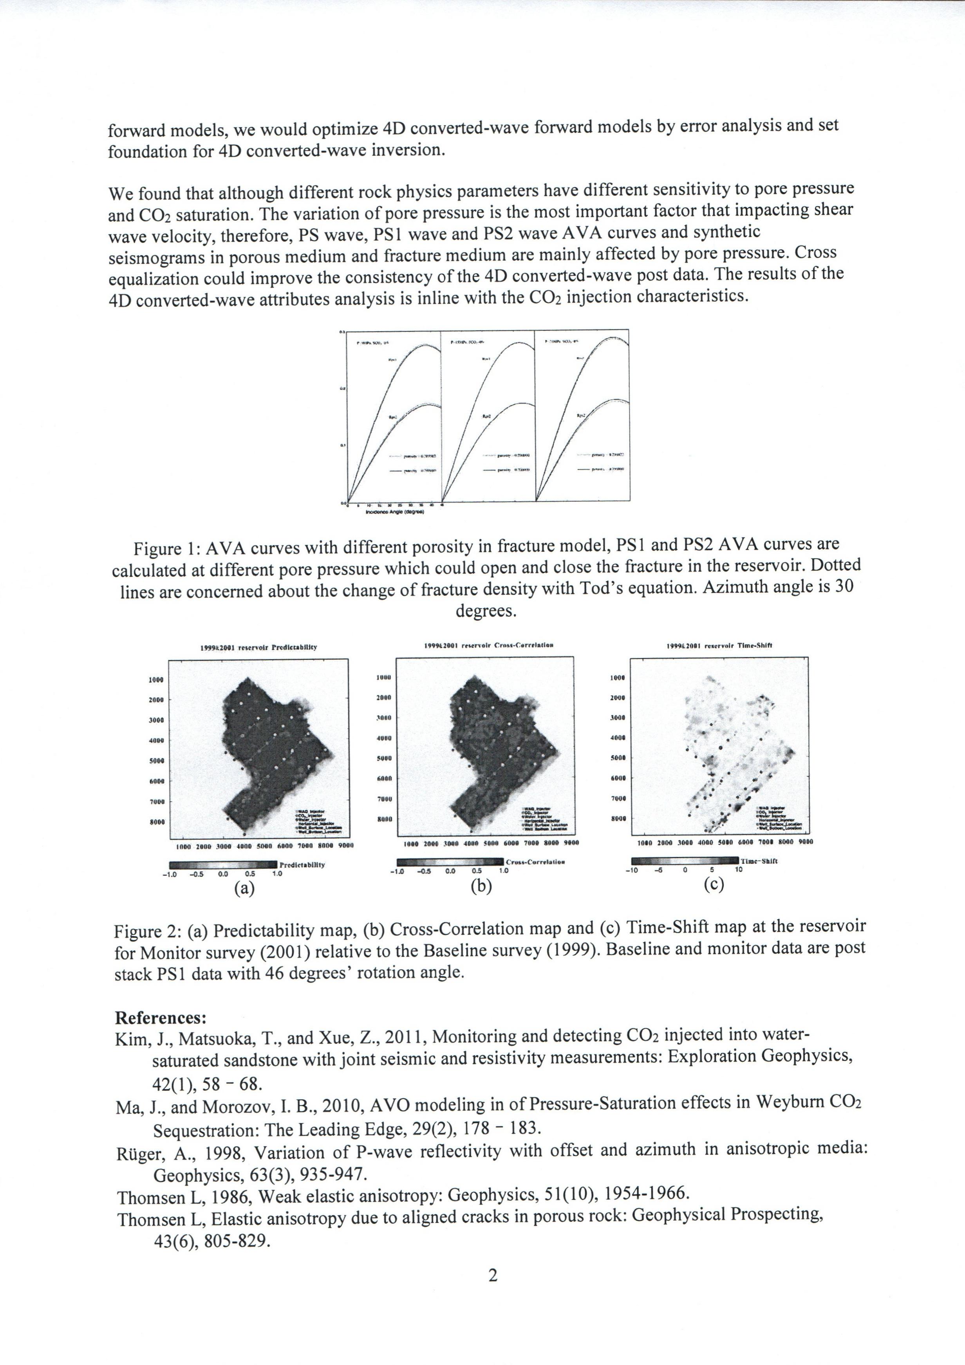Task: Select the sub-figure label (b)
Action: pos(481,886)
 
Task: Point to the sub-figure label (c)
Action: pos(713,885)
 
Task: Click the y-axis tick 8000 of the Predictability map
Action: pos(156,821)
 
